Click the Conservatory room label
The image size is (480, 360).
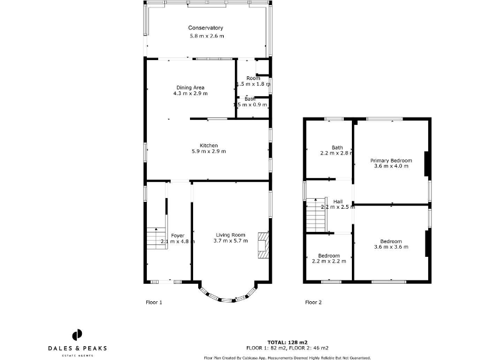click(x=206, y=28)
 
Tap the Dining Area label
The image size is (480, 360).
click(x=190, y=87)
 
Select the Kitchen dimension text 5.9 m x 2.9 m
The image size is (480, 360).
click(x=208, y=151)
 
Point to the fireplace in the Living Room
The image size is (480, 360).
click(x=264, y=244)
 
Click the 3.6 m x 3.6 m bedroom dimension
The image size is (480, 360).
click(x=391, y=247)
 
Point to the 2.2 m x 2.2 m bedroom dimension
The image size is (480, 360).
click(x=328, y=261)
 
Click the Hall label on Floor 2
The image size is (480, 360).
click(x=337, y=201)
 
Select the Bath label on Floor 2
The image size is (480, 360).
click(x=337, y=147)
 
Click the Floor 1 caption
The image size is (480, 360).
click(x=153, y=302)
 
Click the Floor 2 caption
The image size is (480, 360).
click(x=313, y=302)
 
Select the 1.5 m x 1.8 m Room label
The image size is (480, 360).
click(x=253, y=78)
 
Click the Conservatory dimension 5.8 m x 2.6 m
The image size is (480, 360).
click(x=207, y=36)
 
